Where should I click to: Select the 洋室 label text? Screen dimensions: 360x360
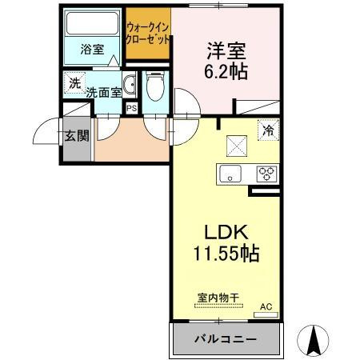[223, 49]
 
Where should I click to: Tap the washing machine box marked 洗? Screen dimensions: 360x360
[74, 82]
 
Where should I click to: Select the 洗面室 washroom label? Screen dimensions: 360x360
[104, 92]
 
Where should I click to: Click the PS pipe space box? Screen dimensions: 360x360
[131, 107]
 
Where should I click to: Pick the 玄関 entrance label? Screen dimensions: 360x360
[77, 137]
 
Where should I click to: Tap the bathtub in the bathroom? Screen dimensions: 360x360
[91, 25]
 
